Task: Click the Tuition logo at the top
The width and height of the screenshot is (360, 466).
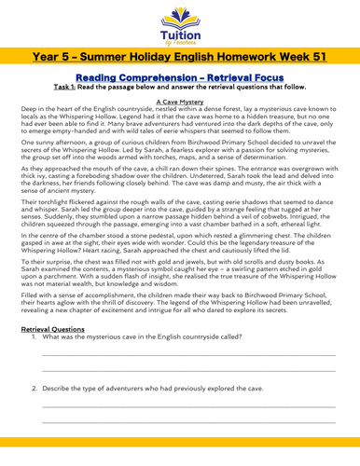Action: coord(179,23)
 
